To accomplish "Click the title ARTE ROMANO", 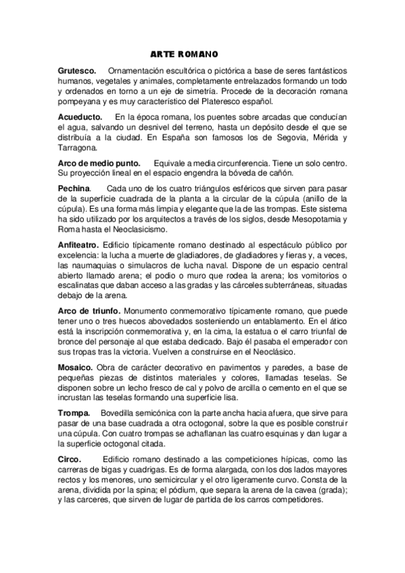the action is pyautogui.click(x=184, y=54).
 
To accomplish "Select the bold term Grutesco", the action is pyautogui.click(x=76, y=70).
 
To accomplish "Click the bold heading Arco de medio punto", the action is pyautogui.click(x=99, y=164).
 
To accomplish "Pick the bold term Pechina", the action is pyautogui.click(x=74, y=187).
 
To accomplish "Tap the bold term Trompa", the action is pyautogui.click(x=74, y=414).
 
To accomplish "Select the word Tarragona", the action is pyautogui.click(x=77, y=148).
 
